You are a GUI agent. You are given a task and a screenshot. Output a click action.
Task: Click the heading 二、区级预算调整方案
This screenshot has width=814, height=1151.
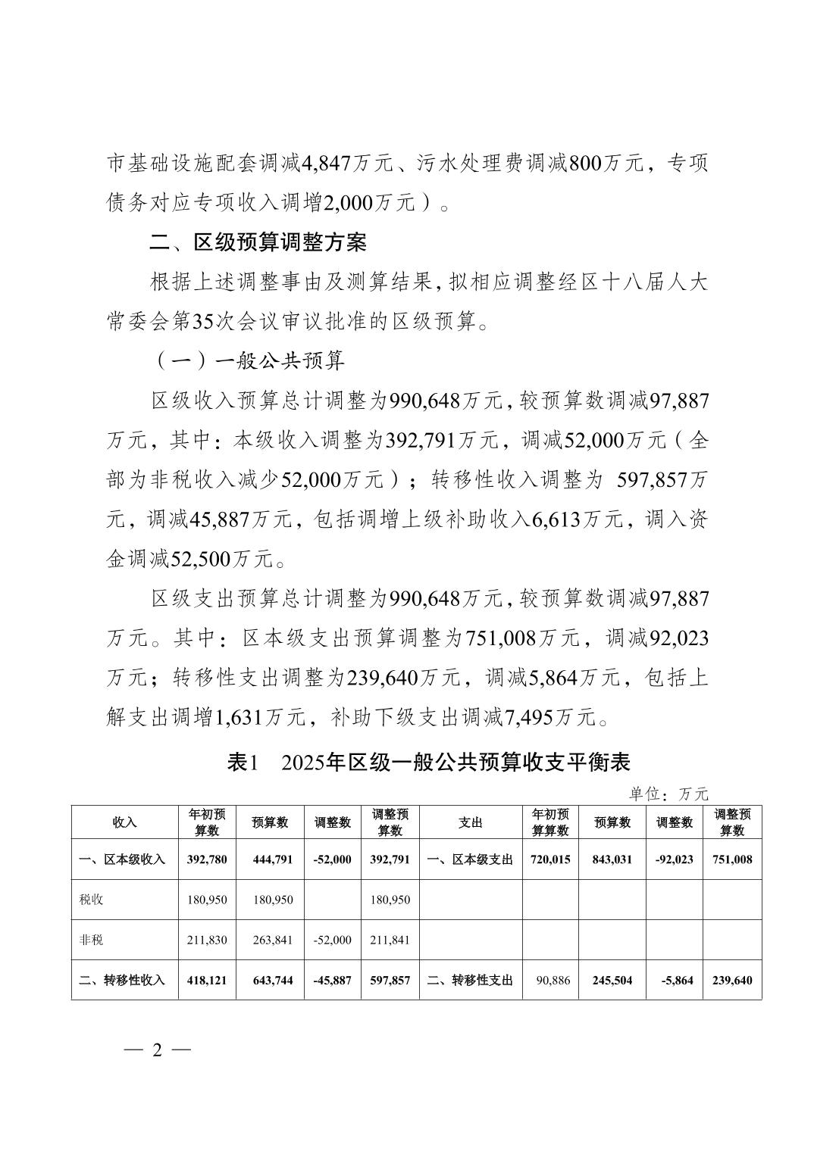point(258,242)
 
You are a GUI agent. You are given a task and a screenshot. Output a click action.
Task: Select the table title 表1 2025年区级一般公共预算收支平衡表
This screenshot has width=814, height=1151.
point(429,762)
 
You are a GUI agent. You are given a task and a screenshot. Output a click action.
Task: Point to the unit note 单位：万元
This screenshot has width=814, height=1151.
point(668,794)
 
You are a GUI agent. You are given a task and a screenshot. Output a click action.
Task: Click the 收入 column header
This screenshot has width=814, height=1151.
point(124,822)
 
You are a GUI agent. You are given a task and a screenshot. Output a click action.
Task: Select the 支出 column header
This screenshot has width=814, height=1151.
point(471,822)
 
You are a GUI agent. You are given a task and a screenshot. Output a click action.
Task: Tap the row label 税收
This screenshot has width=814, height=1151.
point(91,900)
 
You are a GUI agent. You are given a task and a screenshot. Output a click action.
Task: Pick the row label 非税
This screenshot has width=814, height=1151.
point(91,940)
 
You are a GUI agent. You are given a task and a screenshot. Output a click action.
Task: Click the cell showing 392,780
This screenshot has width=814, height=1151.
point(207,859)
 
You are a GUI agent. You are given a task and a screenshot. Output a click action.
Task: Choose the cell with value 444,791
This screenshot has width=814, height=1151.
point(271,859)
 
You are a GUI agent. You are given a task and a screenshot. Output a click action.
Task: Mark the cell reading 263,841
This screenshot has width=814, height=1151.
point(271,940)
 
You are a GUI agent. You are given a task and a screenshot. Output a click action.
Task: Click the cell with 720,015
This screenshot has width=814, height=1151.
point(551,859)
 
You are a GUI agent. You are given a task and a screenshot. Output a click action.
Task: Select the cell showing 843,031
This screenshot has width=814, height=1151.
point(612,859)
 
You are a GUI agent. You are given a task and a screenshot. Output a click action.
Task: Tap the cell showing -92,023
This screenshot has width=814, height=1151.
point(674,859)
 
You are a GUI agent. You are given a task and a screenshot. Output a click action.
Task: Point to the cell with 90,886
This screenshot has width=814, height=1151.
point(551,980)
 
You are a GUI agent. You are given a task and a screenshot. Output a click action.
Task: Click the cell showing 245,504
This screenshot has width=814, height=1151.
point(612,980)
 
